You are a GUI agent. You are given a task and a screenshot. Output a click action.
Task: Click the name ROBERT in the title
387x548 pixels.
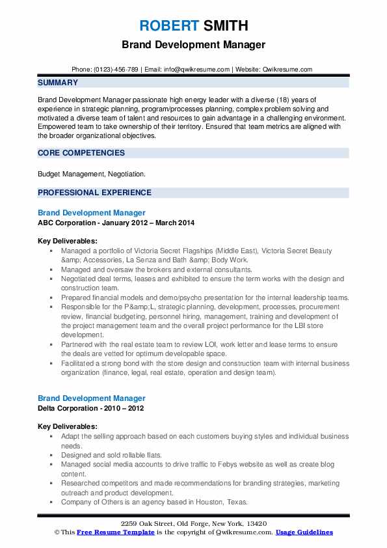pyautogui.click(x=168, y=27)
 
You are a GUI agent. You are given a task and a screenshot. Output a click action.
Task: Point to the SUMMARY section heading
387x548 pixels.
pyautogui.click(x=58, y=83)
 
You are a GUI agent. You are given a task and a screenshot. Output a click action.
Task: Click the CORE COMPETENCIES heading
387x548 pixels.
pyautogui.click(x=81, y=153)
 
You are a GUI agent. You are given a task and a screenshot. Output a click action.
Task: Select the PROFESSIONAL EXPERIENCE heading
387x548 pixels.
pyautogui.click(x=94, y=193)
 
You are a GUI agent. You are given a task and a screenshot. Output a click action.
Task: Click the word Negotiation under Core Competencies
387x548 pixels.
pyautogui.click(x=126, y=174)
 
